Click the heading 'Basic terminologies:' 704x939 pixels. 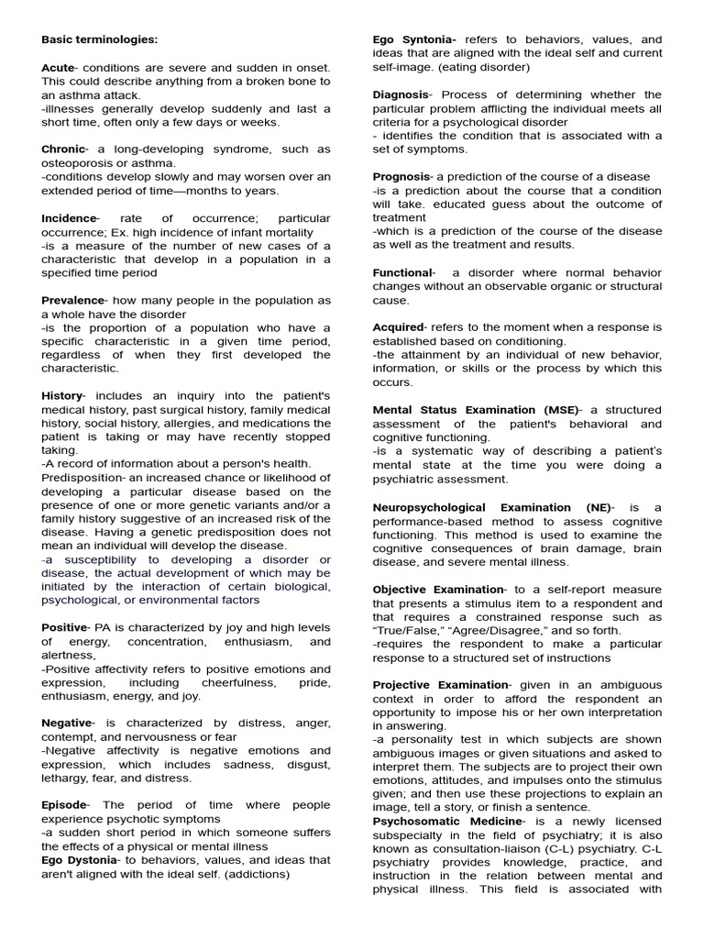99,39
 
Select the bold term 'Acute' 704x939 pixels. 58,68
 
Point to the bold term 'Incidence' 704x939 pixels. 69,218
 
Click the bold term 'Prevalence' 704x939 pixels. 71,300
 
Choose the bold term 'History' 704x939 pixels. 61,395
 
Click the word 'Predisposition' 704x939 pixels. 83,464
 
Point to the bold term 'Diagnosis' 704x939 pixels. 401,94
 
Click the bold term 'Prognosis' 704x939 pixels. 401,176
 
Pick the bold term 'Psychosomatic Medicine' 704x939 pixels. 447,821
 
